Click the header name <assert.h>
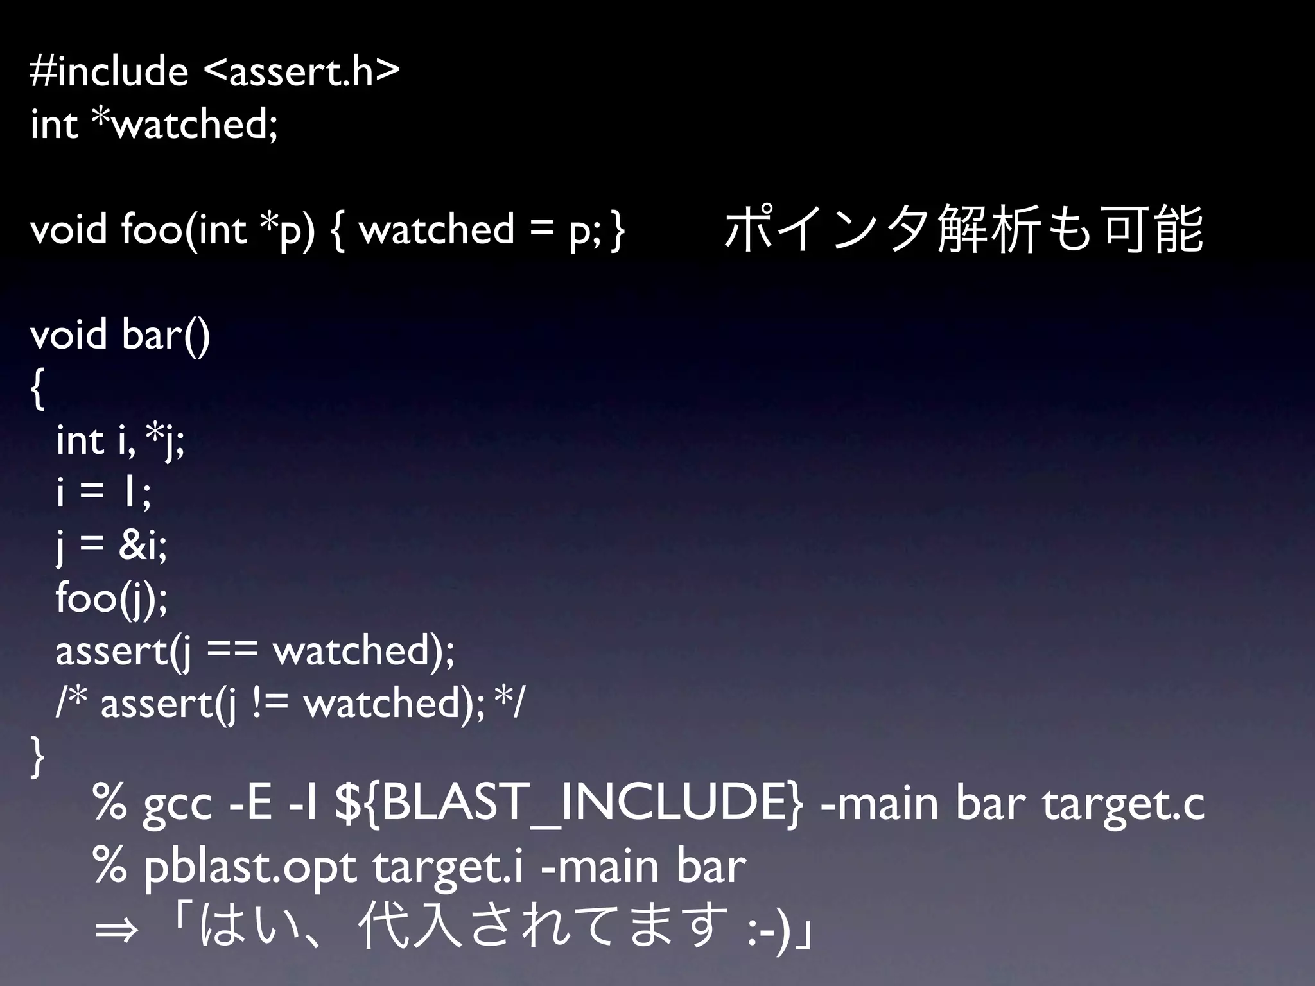coord(302,71)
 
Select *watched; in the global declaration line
coord(185,123)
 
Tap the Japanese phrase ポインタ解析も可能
coord(963,229)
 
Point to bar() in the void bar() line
coord(166,335)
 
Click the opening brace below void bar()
coord(37,389)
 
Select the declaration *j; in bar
coord(166,440)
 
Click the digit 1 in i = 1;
coord(129,493)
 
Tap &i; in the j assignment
coord(143,546)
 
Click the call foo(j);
coord(112,598)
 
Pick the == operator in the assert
coord(232,651)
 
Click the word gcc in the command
coord(177,805)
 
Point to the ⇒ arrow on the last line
coord(116,929)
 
